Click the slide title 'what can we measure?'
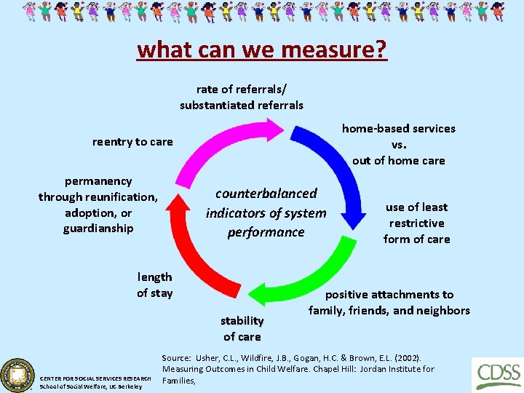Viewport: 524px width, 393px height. (262, 49)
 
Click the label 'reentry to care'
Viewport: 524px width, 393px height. (132, 142)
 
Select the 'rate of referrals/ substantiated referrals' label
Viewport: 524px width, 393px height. (242, 97)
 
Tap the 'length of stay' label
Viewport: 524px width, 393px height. (155, 285)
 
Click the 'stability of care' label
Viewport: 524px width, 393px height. (242, 328)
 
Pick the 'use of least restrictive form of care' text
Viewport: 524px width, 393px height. (416, 223)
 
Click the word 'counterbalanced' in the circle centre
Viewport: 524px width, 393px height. (266, 193)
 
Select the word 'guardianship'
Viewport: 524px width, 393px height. (98, 229)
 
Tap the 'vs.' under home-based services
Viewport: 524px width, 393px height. (399, 144)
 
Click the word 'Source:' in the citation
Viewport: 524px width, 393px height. (175, 358)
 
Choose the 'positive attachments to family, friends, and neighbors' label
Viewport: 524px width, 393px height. (389, 303)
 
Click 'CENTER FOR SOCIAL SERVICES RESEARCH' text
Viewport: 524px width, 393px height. (96, 378)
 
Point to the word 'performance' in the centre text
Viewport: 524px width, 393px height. (266, 232)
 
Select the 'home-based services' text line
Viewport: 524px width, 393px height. (399, 129)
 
